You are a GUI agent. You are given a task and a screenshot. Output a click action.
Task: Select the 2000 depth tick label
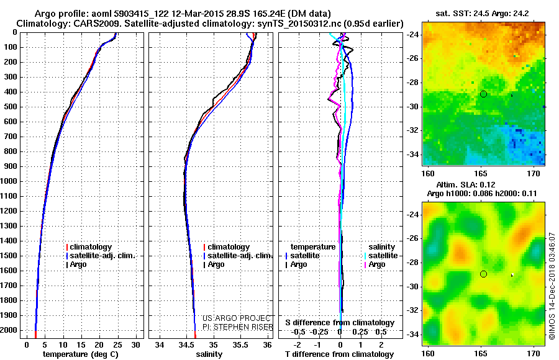pos(10,330)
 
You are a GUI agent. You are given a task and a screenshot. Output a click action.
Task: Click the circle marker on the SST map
pos(483,94)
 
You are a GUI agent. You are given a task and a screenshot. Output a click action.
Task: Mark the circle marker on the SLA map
pos(483,274)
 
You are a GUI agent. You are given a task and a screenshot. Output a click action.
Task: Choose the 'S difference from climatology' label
pos(339,323)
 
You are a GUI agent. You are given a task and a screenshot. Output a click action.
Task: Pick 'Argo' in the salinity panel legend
pos(216,264)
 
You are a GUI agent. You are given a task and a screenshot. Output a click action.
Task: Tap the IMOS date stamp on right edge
pos(552,286)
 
